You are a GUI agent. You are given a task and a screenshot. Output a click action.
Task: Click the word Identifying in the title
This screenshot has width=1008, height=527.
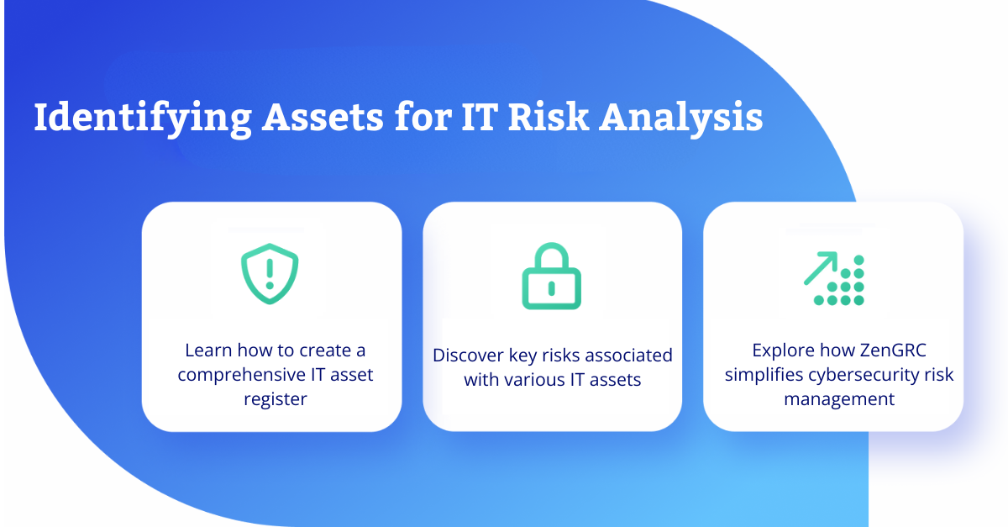pyautogui.click(x=143, y=118)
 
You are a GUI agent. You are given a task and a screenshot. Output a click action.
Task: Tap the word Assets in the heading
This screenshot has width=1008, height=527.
pyautogui.click(x=323, y=118)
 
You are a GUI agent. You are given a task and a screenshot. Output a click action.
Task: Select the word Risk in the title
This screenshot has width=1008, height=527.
pyautogui.click(x=549, y=117)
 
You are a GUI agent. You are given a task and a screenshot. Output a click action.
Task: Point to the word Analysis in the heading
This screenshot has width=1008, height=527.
pyautogui.click(x=681, y=118)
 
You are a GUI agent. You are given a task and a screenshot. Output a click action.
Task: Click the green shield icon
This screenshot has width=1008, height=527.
pyautogui.click(x=270, y=274)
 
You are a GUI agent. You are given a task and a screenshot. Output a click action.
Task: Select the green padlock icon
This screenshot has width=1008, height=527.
pyautogui.click(x=551, y=277)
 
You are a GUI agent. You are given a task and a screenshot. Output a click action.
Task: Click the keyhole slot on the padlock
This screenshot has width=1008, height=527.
pyautogui.click(x=551, y=288)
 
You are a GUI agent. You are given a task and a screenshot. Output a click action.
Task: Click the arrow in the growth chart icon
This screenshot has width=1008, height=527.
pyautogui.click(x=821, y=268)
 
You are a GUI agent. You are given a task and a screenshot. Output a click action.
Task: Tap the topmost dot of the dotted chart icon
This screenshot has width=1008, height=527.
pyautogui.click(x=858, y=260)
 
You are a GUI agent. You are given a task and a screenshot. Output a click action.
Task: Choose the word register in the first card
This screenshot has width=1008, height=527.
pyautogui.click(x=276, y=399)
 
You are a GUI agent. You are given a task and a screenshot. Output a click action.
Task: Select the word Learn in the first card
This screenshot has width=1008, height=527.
pyautogui.click(x=208, y=350)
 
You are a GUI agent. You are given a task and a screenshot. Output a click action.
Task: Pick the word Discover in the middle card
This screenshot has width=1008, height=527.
pyautogui.click(x=468, y=356)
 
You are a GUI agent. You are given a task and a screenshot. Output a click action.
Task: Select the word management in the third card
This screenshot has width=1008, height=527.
pyautogui.click(x=839, y=399)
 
